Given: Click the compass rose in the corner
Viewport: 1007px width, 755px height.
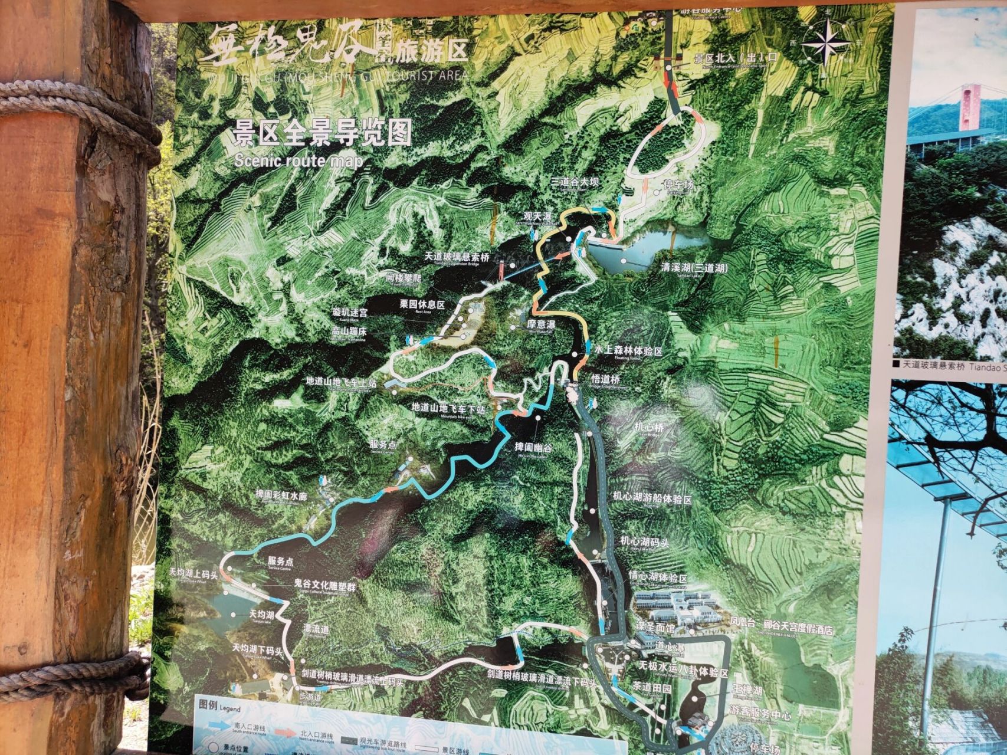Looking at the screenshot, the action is [827, 43].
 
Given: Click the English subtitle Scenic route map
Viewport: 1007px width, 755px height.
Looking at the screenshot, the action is [298, 161].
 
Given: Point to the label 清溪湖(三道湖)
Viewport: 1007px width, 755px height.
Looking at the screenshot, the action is [694, 268].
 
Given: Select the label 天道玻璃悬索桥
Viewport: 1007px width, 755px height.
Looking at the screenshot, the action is [457, 257].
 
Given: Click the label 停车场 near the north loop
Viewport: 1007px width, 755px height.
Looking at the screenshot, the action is [680, 185].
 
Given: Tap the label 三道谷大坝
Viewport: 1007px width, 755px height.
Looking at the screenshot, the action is [574, 182].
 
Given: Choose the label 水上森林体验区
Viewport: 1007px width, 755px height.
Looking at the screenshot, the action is [628, 351].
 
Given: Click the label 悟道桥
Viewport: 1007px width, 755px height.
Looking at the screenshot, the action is [606, 379].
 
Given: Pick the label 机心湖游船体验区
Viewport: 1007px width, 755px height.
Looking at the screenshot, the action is [652, 498].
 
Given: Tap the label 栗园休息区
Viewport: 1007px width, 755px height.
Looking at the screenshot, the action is [422, 304].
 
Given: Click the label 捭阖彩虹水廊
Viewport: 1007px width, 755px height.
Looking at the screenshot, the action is [281, 495].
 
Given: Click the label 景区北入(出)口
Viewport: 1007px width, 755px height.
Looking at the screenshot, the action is [736, 58].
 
